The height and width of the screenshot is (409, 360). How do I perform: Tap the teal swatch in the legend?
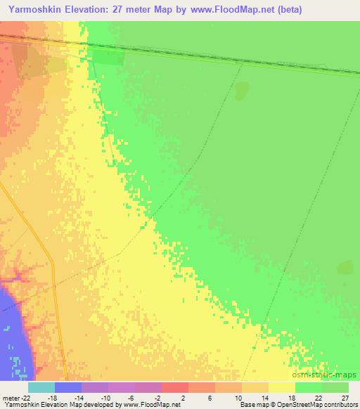click(41, 387)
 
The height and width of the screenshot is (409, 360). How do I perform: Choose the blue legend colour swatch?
click(68, 387)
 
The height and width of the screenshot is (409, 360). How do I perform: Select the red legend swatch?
click(175, 387)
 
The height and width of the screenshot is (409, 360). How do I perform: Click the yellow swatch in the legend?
click(282, 387)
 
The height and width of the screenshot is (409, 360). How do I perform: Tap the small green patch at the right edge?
click(345, 267)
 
